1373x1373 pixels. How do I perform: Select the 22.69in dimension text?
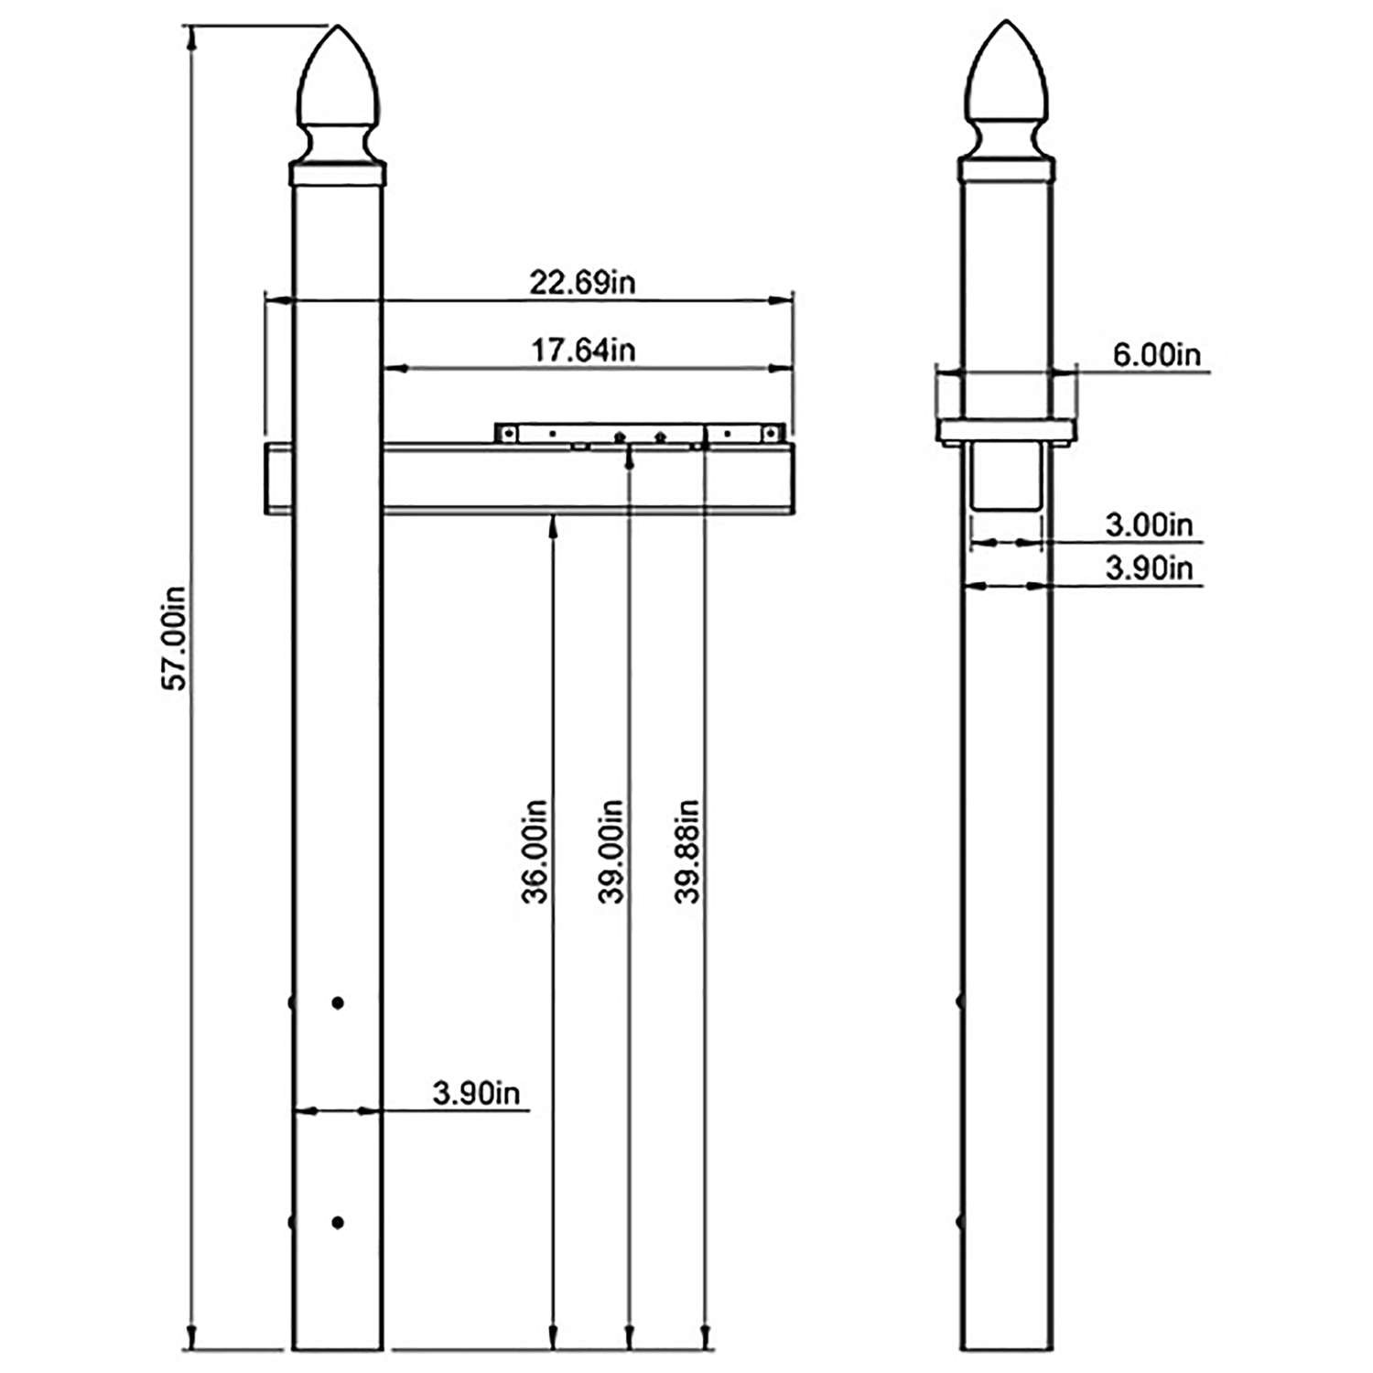tap(582, 283)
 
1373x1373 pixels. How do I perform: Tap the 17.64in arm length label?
tap(583, 350)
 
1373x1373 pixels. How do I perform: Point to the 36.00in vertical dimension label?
tap(535, 851)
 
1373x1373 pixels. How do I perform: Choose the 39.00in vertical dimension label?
tap(611, 851)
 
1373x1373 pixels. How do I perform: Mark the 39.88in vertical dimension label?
tap(687, 851)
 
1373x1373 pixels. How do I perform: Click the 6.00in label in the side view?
tap(1156, 354)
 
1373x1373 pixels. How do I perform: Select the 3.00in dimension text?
tap(1149, 525)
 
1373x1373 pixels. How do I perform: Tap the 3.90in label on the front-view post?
tap(476, 1093)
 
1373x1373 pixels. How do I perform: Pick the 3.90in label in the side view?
tap(1149, 568)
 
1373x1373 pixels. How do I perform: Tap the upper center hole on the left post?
tap(338, 1003)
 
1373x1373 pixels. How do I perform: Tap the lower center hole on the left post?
tap(338, 1223)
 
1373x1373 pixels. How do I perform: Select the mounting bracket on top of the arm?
tap(640, 434)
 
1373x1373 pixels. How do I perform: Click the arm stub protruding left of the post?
tap(277, 479)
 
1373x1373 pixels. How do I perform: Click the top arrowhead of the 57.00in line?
tap(191, 37)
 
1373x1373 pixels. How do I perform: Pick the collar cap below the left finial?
tap(337, 174)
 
